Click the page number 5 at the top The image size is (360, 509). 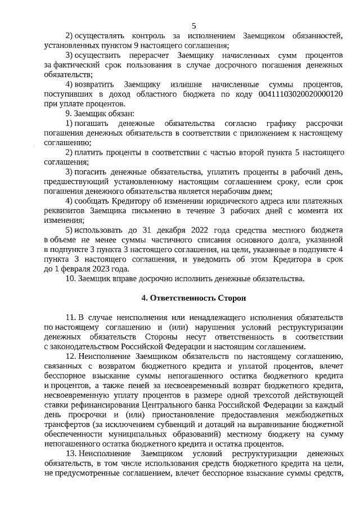point(194,26)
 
